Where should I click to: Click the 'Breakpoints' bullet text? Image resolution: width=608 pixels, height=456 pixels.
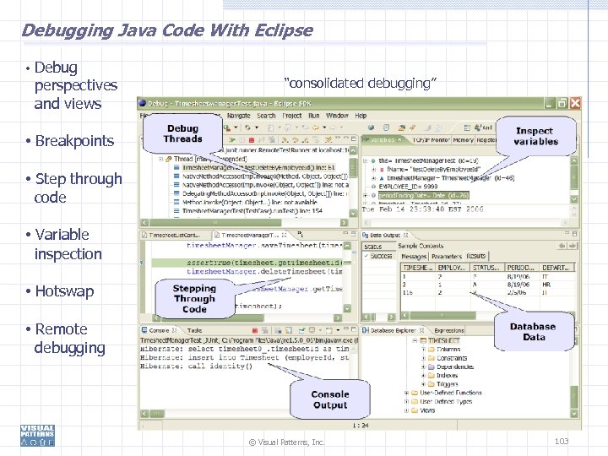click(x=74, y=141)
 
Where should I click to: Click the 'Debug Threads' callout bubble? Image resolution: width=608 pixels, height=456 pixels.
click(x=182, y=134)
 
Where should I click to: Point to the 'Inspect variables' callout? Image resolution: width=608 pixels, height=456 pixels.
click(x=535, y=136)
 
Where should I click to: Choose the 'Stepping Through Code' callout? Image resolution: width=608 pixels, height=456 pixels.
click(x=194, y=298)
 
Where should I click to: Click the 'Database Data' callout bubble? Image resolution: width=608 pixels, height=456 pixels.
click(x=533, y=331)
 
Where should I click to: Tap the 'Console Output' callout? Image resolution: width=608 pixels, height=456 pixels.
click(x=329, y=399)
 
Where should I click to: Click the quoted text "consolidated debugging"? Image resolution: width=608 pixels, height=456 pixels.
click(x=361, y=83)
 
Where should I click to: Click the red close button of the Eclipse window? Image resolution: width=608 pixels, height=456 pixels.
click(x=574, y=103)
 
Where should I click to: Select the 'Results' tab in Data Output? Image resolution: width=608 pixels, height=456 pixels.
click(x=476, y=256)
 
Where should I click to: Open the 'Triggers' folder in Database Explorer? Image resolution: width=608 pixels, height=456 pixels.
click(x=448, y=384)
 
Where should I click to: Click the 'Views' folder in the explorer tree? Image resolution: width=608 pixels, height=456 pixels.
click(x=427, y=410)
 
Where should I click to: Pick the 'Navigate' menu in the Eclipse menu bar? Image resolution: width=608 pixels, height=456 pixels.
click(x=238, y=116)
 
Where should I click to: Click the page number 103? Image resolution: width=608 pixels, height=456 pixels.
click(x=562, y=442)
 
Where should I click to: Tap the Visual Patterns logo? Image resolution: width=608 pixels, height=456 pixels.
click(x=38, y=435)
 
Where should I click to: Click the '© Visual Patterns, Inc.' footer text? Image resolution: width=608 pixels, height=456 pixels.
click(x=286, y=442)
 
